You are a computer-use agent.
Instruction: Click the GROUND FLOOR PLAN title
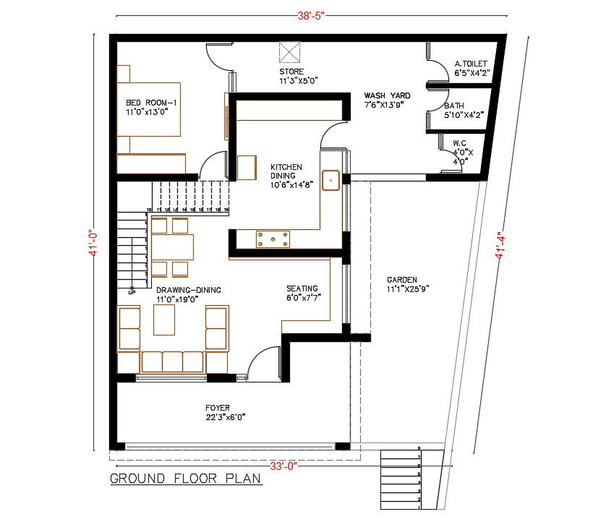(186, 479)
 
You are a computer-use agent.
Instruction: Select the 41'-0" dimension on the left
(91, 244)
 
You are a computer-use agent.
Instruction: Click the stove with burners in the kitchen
(273, 238)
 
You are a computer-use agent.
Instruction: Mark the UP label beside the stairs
(132, 293)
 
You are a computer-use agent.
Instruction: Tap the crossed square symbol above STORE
(290, 54)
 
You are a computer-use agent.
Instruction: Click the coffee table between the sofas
(164, 320)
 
